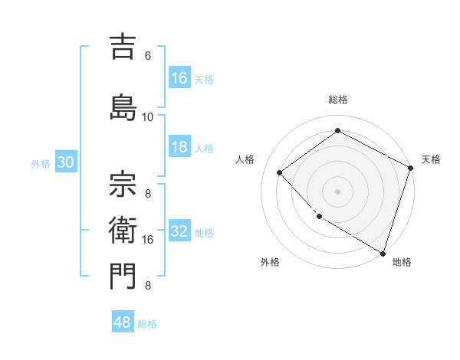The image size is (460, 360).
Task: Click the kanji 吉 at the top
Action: tap(123, 47)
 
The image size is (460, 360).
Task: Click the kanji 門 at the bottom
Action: tap(123, 277)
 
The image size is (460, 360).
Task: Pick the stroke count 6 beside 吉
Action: tap(148, 56)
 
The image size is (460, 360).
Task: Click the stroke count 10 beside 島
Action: tap(148, 116)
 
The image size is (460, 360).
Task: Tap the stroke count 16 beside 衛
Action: tap(148, 240)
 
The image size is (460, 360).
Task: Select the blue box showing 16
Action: tap(179, 78)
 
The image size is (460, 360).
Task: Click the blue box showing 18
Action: tap(179, 148)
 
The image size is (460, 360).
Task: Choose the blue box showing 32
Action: tap(179, 232)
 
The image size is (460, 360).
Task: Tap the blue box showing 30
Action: tap(65, 163)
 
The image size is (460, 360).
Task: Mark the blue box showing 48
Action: tap(123, 322)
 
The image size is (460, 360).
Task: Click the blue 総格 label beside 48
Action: tap(147, 324)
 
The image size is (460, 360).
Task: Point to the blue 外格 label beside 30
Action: tap(40, 164)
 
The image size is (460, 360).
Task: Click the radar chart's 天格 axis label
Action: tap(431, 159)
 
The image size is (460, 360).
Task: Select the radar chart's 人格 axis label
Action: tap(245, 159)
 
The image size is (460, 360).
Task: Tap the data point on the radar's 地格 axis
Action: tap(383, 252)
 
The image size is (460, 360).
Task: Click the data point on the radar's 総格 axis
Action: tap(337, 131)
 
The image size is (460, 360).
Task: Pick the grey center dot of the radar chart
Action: tap(337, 191)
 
